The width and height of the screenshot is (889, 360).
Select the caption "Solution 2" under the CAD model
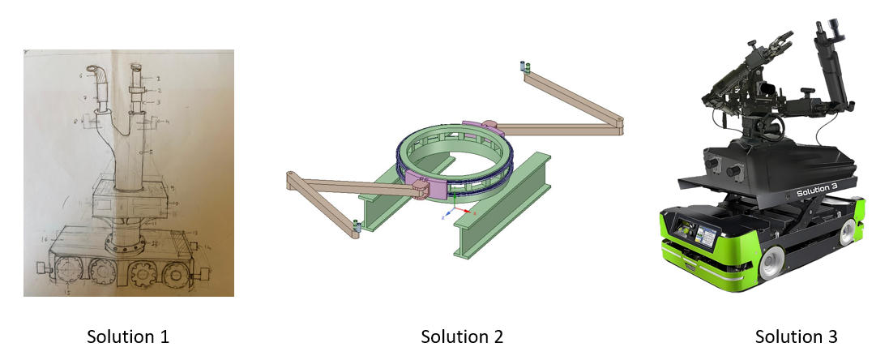click(462, 336)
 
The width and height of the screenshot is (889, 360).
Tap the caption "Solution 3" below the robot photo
click(796, 336)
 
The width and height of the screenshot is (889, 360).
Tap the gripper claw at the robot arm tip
click(773, 39)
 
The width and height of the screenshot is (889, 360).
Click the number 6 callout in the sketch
click(82, 75)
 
